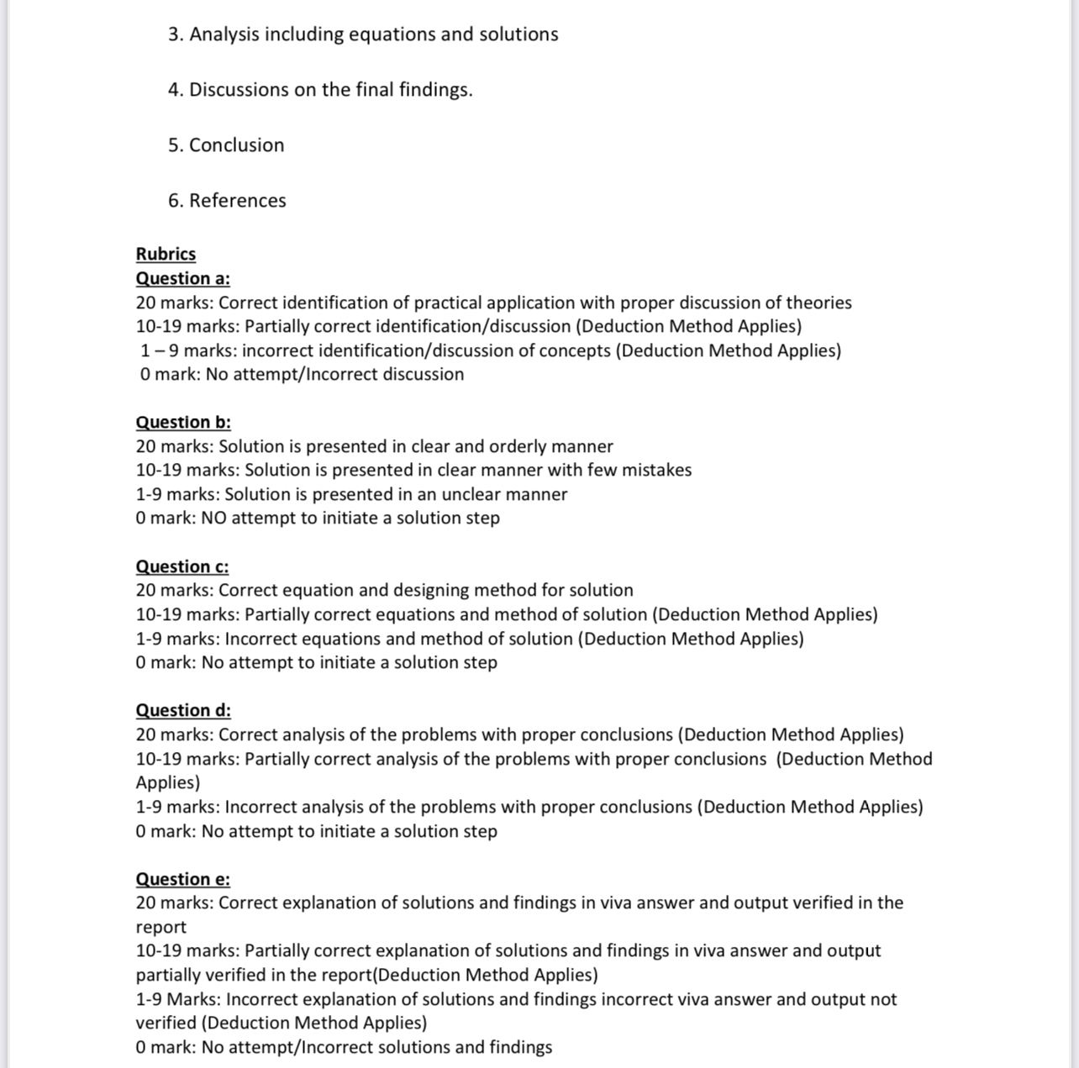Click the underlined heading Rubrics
(x=166, y=254)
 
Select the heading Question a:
(x=182, y=278)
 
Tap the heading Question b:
(x=183, y=422)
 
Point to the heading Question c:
(x=182, y=566)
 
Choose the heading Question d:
(x=183, y=710)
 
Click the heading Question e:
(x=182, y=879)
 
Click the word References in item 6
(x=237, y=200)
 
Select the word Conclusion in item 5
(x=236, y=145)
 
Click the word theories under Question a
(x=816, y=303)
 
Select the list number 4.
(x=175, y=89)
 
